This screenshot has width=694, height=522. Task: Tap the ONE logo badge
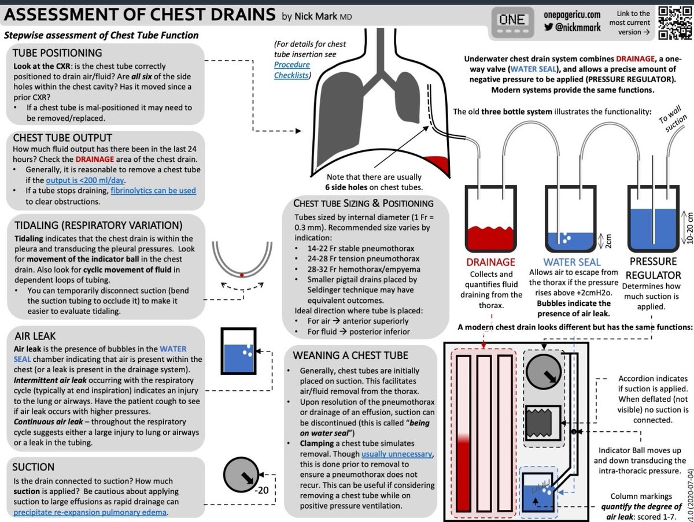(x=511, y=20)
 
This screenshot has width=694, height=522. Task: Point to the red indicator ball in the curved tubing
(x=241, y=275)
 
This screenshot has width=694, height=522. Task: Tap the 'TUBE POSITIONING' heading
(x=57, y=53)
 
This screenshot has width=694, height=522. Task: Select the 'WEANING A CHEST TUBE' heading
(x=359, y=355)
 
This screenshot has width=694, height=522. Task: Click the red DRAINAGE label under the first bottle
(x=490, y=262)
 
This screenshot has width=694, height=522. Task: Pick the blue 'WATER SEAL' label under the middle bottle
(x=572, y=262)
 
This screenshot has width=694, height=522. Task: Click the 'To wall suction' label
(x=673, y=121)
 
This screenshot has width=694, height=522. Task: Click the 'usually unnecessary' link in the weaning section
(x=397, y=454)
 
